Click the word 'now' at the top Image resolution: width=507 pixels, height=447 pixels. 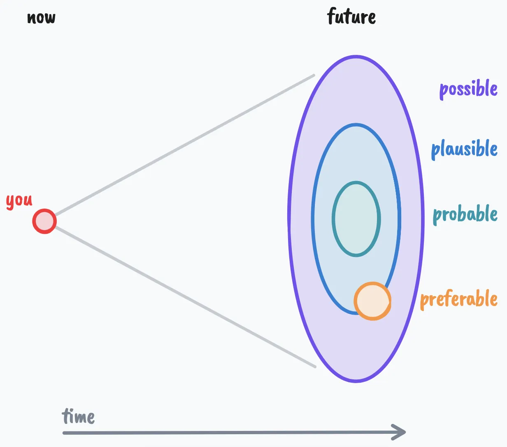[x=41, y=18]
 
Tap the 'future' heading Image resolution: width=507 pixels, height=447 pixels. [x=351, y=17]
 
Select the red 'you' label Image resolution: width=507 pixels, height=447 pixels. [x=19, y=201]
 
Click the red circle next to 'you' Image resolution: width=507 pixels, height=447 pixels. [x=44, y=221]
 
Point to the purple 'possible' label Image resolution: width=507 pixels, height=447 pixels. [x=468, y=89]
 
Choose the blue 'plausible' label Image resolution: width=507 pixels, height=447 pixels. [x=464, y=149]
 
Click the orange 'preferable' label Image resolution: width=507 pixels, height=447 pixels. [x=459, y=299]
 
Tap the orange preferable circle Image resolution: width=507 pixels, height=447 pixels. [x=372, y=301]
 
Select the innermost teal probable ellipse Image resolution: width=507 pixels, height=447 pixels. [x=356, y=219]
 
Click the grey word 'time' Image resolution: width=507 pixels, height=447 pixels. [x=78, y=416]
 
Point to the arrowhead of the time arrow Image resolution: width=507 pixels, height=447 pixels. [x=400, y=432]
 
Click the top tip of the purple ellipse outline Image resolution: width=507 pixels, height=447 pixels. [x=356, y=56]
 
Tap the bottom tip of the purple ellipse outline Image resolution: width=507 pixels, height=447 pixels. [x=356, y=381]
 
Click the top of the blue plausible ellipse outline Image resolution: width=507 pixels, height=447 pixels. [x=356, y=125]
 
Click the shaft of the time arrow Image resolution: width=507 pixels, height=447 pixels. [x=226, y=433]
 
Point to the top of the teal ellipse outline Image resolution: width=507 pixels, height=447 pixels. [x=356, y=182]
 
